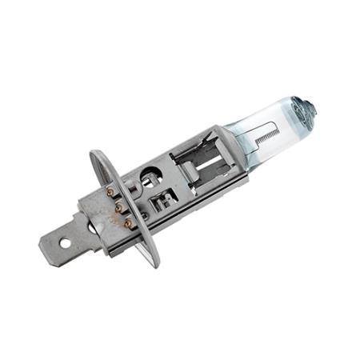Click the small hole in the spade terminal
point(65,242)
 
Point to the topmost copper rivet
point(110,193)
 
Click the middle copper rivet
point(118,205)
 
